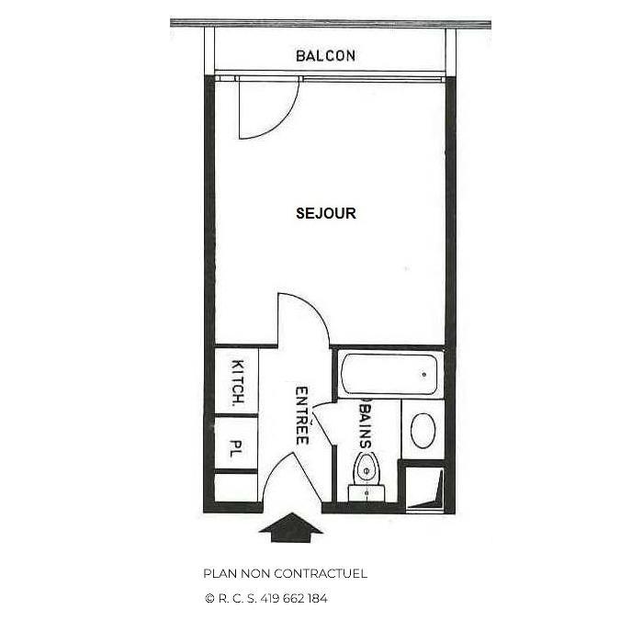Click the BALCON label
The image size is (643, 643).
point(325,56)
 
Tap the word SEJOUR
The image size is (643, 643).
point(325,213)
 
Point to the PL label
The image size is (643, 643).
point(235,450)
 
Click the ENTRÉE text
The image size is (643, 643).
point(300,415)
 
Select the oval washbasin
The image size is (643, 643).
point(423,430)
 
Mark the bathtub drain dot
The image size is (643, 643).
point(423,374)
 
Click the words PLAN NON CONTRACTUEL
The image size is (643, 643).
point(285,573)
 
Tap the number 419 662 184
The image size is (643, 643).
point(294,598)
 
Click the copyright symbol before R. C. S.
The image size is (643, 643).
point(209,598)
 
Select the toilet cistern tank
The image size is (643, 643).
point(367,493)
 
